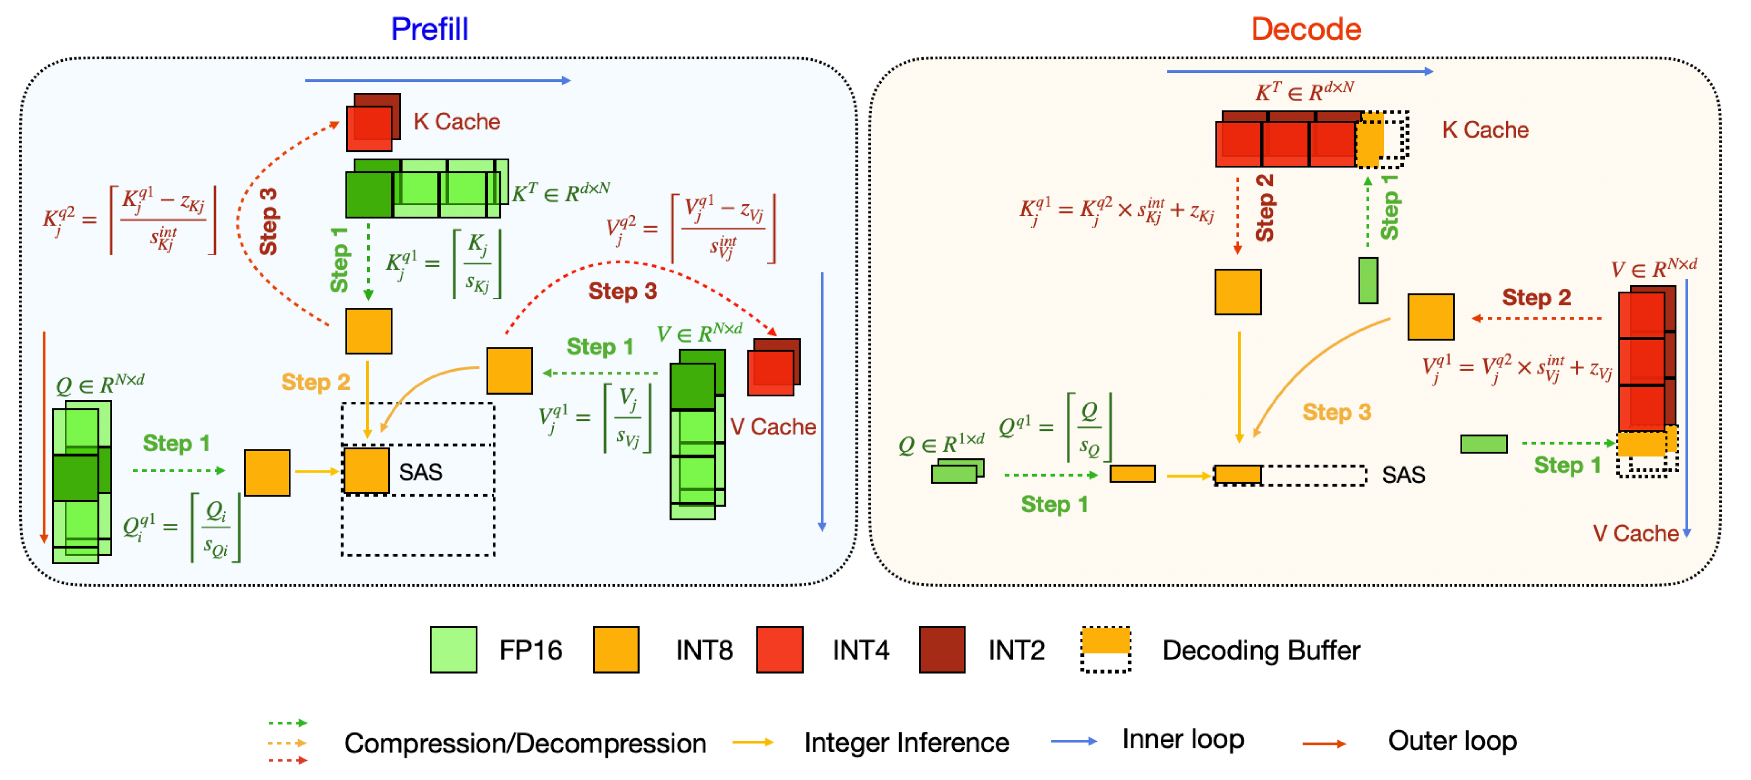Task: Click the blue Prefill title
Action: pos(429,29)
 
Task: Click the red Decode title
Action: pos(1306,29)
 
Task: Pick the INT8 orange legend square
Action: pos(616,649)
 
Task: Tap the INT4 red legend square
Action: pos(779,649)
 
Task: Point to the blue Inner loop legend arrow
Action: pos(1073,741)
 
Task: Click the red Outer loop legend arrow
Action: pos(1324,744)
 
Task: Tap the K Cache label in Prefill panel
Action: pos(457,122)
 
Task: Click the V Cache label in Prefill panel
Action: pos(773,427)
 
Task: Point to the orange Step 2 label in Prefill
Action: pos(315,382)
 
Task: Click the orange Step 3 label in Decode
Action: pos(1337,412)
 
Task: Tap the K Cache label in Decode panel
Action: pos(1485,130)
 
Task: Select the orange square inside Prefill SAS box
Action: pos(366,470)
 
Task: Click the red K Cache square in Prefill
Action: pos(370,128)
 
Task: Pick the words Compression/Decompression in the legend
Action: pos(525,743)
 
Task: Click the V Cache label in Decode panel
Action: pos(1635,533)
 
